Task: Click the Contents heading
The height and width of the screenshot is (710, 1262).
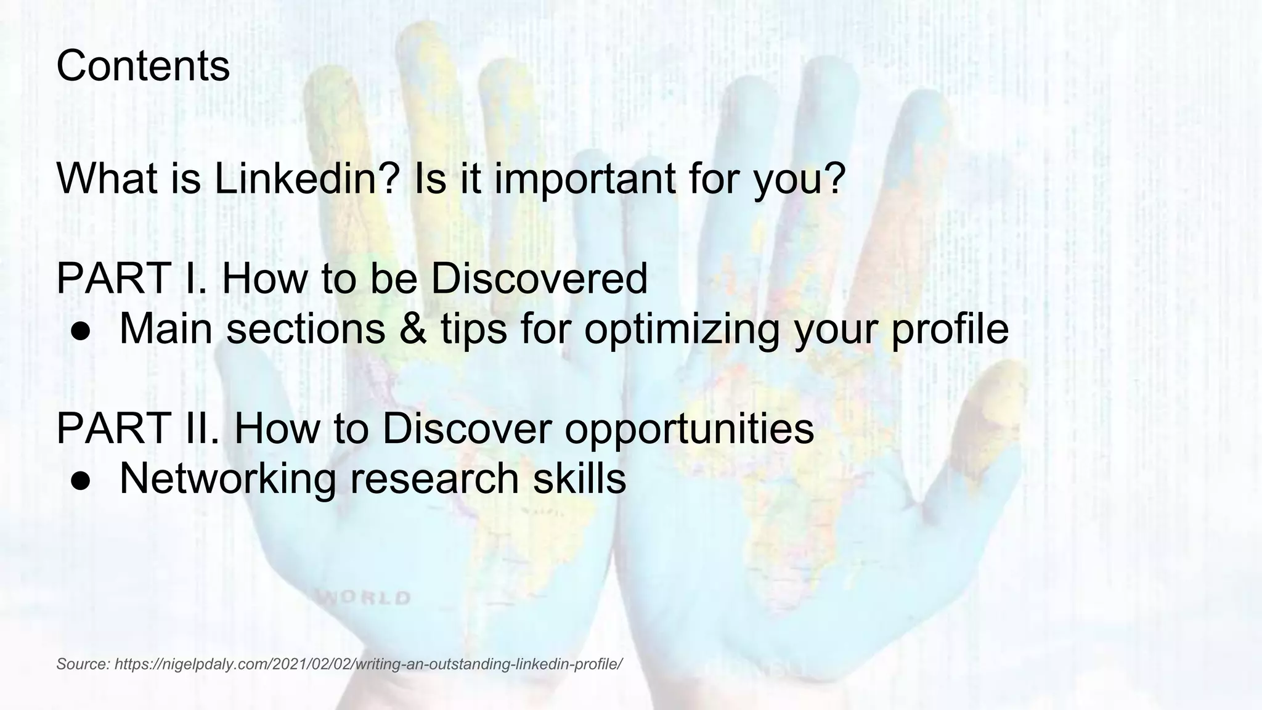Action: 143,66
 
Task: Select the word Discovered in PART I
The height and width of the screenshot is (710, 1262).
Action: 539,279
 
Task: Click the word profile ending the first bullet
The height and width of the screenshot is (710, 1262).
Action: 950,328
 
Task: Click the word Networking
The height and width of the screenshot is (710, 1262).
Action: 227,479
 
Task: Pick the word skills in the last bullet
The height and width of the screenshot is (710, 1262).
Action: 579,479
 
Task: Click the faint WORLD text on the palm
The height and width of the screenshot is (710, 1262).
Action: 365,598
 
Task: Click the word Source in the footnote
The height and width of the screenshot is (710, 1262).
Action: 83,664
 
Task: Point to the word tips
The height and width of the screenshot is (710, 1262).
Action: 473,328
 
